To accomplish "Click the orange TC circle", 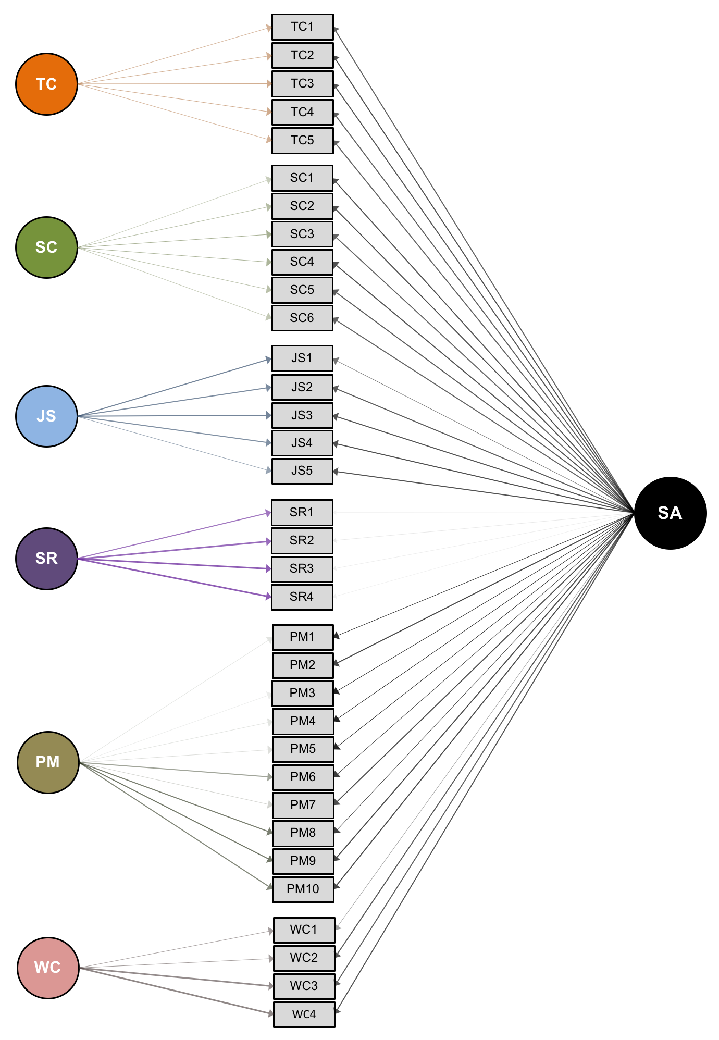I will point(46,84).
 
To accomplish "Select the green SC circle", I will point(46,247).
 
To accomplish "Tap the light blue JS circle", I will point(46,416).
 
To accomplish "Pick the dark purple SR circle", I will point(46,559).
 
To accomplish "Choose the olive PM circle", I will point(48,762).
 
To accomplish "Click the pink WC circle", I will point(48,968).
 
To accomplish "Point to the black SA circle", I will point(670,513).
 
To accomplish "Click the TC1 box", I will point(302,27).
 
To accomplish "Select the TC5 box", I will point(302,141).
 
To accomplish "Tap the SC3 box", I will point(302,234).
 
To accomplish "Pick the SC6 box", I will point(302,318).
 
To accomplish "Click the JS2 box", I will point(302,387).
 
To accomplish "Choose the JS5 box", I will point(302,471).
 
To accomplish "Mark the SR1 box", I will point(302,513).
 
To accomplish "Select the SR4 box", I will point(302,597).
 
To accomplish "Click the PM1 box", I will point(303,637).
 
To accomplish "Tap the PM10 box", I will point(303,889).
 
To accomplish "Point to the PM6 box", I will point(303,777).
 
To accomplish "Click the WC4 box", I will point(304,1014).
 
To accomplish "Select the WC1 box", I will point(304,930).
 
